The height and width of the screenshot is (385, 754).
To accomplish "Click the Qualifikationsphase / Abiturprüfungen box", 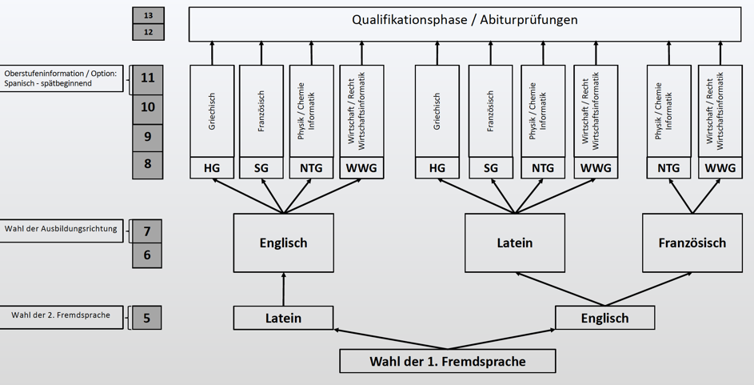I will [465, 24].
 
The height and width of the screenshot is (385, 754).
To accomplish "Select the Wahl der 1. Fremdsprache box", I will [447, 361].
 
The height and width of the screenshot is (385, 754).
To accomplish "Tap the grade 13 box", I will [148, 15].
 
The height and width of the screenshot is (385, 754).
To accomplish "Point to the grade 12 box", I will [148, 32].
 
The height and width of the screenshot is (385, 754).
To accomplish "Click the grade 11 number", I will [148, 78].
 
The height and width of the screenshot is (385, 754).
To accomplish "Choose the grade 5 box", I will [147, 318].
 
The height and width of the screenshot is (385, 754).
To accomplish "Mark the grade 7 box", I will [147, 231].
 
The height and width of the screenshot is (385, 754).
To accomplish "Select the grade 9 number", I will [148, 136].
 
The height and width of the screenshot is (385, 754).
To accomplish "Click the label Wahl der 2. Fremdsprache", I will [61, 315].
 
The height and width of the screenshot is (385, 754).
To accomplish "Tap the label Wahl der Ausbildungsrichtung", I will [61, 230].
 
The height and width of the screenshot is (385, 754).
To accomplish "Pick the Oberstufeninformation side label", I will [61, 78].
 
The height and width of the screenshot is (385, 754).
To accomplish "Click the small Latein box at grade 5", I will [283, 318].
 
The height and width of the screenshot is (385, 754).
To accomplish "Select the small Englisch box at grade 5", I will [604, 318].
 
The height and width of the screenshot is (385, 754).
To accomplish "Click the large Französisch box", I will [692, 243].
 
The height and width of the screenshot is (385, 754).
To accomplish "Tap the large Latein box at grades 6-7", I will [514, 243].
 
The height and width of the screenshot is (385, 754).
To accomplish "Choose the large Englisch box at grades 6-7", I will [283, 243].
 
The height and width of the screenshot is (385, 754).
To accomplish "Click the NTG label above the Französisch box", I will [668, 168].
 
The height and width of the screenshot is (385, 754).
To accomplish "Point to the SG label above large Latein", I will [490, 168].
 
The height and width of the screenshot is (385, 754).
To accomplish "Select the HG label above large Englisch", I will [212, 168].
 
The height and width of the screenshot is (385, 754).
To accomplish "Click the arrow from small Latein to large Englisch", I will [283, 289].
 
